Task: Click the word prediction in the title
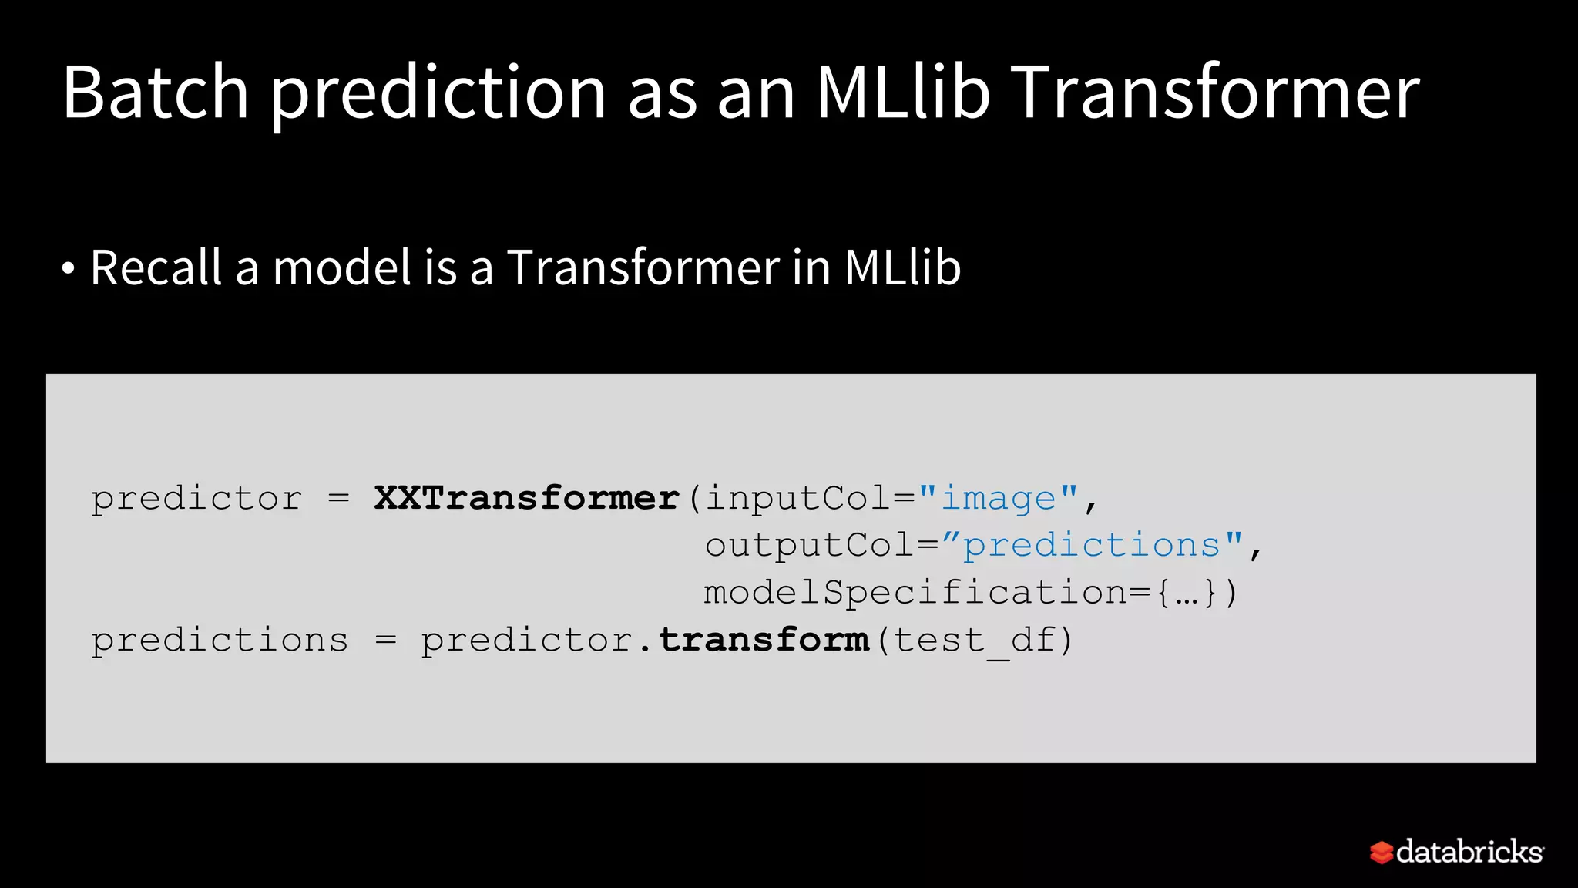pos(438,94)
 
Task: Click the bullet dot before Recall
pos(69,269)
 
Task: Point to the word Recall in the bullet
pos(156,268)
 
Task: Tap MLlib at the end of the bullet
pos(902,268)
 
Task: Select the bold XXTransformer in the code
pos(527,498)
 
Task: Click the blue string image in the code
pos(999,498)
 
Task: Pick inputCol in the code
pos(799,498)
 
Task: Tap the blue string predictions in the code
pos(1092,546)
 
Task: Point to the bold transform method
pos(764,640)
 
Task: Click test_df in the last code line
pos(975,641)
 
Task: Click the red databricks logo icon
pos(1381,853)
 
